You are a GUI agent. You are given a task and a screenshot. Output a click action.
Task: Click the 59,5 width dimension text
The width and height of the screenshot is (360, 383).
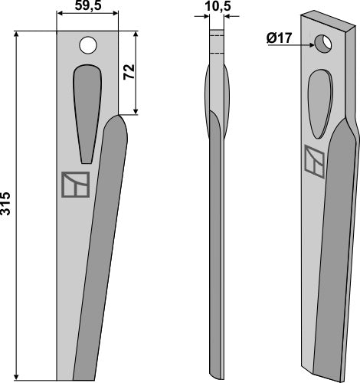(87, 8)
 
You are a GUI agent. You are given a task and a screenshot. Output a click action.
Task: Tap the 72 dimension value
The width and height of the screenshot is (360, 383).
(129, 74)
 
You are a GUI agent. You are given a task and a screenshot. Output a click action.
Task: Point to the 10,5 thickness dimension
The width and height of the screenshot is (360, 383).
(218, 8)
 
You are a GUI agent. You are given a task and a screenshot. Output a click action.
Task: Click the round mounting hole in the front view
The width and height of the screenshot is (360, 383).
(89, 45)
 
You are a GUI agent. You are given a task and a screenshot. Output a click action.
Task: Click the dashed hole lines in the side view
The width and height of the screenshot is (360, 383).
(218, 43)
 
